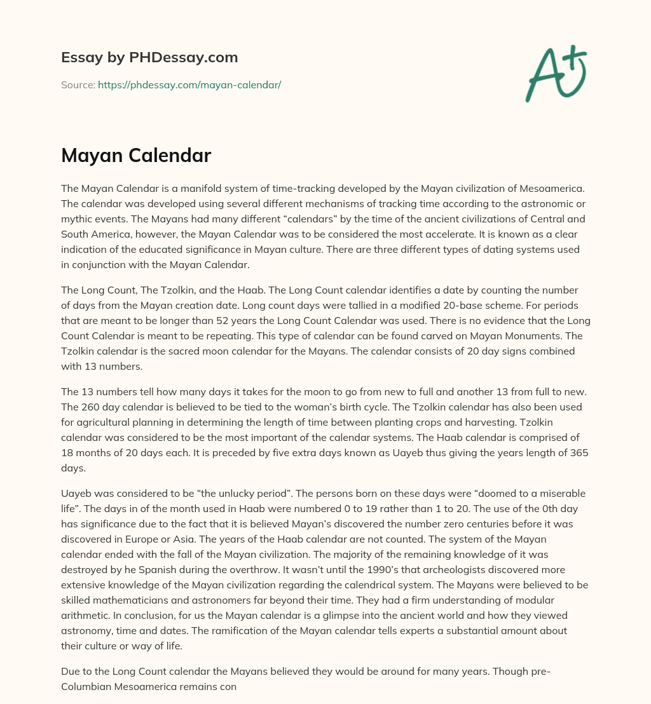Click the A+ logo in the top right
tap(555, 73)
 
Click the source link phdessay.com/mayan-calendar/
tap(189, 85)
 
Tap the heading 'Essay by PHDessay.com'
tap(149, 58)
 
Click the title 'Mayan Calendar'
tap(136, 156)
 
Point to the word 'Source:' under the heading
tap(78, 85)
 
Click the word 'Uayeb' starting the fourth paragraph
tap(76, 493)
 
